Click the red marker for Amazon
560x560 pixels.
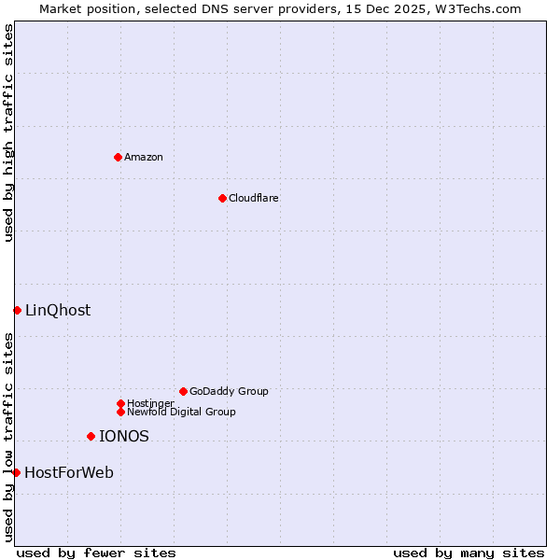tap(118, 157)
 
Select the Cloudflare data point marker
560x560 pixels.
tap(222, 198)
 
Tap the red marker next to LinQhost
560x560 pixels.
tap(17, 310)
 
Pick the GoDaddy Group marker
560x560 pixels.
tap(183, 391)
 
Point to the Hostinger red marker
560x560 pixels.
tap(120, 403)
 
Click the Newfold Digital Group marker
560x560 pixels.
tap(120, 412)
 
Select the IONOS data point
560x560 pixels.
tap(91, 436)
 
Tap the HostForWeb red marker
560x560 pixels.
tap(16, 472)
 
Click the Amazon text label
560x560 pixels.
tap(143, 157)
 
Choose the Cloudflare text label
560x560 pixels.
tap(253, 198)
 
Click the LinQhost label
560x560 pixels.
tap(58, 311)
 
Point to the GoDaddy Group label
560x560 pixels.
tap(229, 391)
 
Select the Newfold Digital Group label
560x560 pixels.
tap(181, 412)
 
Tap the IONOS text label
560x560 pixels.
tap(124, 436)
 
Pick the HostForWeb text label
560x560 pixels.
tap(69, 473)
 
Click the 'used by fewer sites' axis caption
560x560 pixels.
tap(96, 553)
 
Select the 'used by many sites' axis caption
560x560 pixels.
tap(469, 553)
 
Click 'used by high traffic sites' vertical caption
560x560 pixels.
tap(8, 133)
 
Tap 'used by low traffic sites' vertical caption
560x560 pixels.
tap(8, 437)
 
